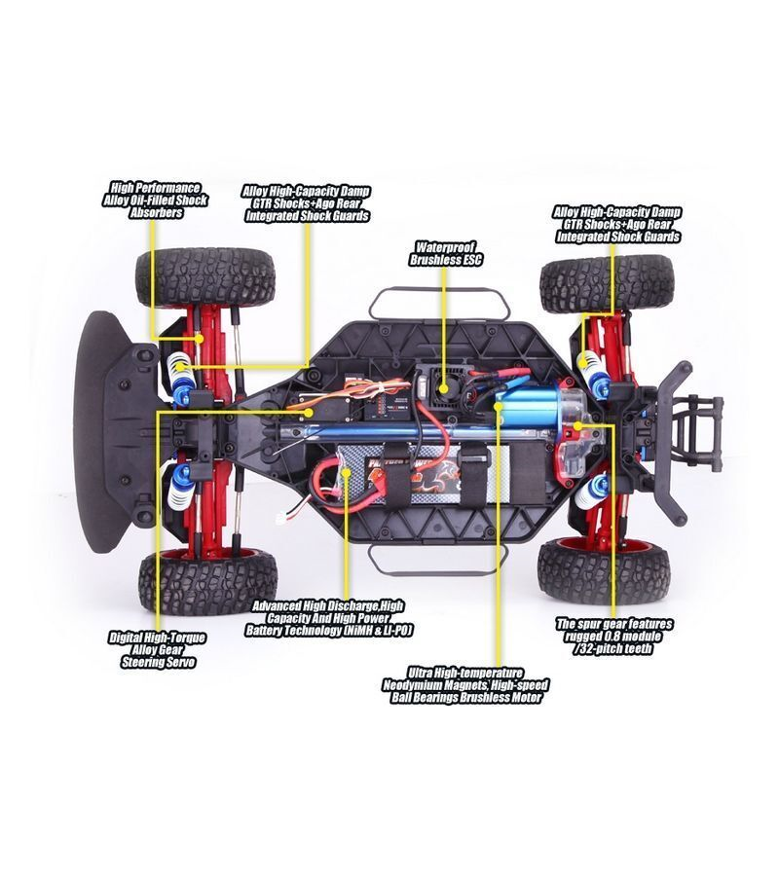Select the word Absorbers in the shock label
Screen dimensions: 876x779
tap(156, 213)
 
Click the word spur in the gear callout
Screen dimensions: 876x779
tap(596, 624)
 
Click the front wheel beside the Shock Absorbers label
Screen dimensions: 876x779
tap(205, 276)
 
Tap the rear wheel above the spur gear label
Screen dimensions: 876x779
tap(605, 571)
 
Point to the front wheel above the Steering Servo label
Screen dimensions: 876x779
tap(207, 582)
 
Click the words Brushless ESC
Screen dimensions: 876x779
tap(446, 260)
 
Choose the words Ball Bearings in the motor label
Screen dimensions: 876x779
tap(426, 698)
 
